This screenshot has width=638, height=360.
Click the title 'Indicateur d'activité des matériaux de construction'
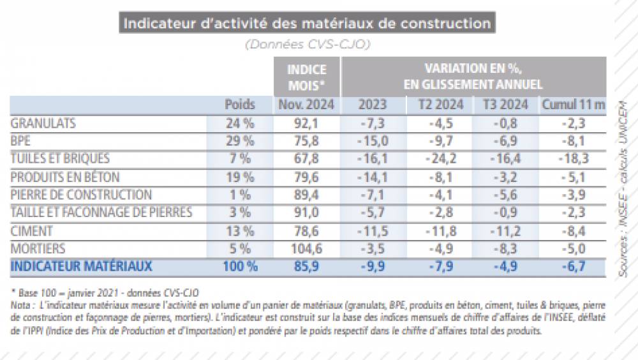[x=306, y=24]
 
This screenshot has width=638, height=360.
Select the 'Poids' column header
[x=240, y=105]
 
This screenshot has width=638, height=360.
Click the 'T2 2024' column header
[x=441, y=105]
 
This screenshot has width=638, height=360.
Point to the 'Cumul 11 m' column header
[x=573, y=105]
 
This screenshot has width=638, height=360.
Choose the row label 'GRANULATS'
[x=43, y=123]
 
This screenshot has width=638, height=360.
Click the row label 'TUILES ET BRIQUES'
[x=61, y=158]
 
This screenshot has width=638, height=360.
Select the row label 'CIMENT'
[x=32, y=230]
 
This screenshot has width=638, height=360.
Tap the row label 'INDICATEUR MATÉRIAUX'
[x=82, y=266]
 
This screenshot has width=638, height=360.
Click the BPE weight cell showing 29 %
[x=240, y=141]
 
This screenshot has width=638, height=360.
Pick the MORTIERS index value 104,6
[x=306, y=248]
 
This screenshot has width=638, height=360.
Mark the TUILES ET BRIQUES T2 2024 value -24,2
[x=441, y=158]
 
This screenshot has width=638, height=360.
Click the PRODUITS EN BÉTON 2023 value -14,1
[x=373, y=177]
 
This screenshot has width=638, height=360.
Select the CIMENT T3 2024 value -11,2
[x=507, y=230]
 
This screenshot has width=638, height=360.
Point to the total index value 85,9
[x=306, y=266]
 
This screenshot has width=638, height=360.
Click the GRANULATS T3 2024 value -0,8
[x=507, y=123]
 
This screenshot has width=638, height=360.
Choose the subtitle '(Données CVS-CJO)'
[x=306, y=45]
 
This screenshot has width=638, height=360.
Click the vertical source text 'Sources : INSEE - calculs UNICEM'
[x=622, y=188]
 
